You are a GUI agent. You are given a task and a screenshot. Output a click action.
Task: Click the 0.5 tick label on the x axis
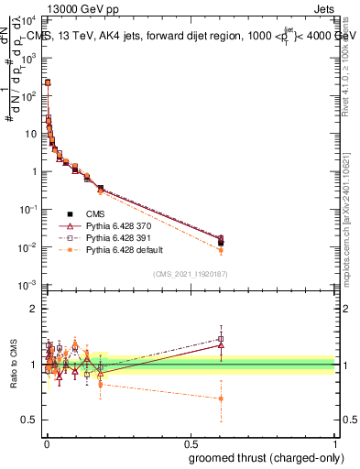[191, 442]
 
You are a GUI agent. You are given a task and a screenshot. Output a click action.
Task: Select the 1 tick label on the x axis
[336, 442]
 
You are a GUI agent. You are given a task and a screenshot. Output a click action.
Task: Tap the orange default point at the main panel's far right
[221, 250]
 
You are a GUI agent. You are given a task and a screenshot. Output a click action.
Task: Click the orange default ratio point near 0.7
[221, 398]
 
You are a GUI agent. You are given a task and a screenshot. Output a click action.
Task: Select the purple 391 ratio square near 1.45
[221, 338]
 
